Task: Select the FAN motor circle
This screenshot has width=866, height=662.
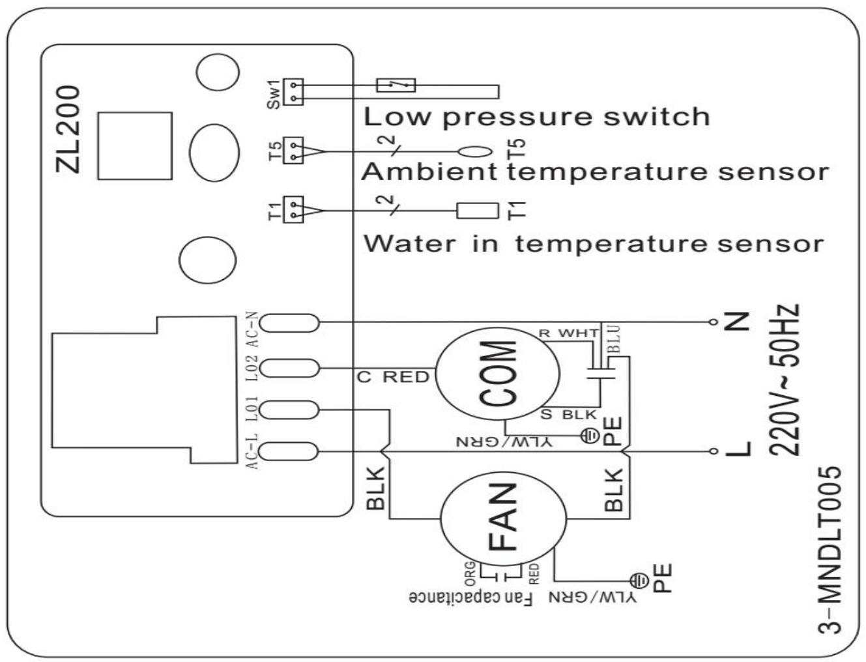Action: point(505,518)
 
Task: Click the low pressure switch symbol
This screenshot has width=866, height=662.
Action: point(396,85)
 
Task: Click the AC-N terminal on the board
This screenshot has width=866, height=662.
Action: point(293,322)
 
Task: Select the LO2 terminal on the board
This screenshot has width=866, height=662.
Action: point(293,369)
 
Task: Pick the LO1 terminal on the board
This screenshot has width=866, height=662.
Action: point(293,410)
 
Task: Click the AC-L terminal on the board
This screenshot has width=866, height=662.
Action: point(293,451)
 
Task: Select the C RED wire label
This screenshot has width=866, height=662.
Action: point(393,377)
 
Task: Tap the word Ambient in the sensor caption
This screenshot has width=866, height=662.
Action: point(429,172)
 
